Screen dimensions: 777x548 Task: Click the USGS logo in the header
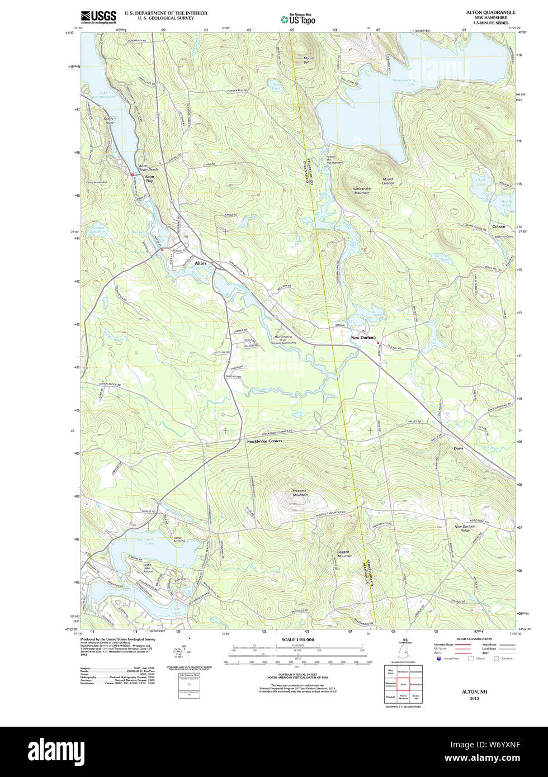point(98,16)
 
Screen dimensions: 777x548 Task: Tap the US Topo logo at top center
point(297,19)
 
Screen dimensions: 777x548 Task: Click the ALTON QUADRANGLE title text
point(490,12)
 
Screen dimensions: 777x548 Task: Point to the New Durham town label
point(363,338)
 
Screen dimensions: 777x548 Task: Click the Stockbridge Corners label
point(264,441)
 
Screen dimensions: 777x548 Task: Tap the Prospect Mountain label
point(300,493)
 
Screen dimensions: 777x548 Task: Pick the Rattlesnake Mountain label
point(353,190)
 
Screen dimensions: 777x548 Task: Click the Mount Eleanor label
point(388,181)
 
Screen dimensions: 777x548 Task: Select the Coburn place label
point(498,226)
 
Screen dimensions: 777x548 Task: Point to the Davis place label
point(459,448)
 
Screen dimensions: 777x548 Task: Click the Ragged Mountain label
point(344,554)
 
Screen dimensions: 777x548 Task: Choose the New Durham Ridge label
point(465,528)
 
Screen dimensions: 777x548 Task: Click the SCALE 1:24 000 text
point(297,639)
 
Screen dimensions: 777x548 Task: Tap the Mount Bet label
point(308,60)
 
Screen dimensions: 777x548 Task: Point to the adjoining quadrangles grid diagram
point(403,684)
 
